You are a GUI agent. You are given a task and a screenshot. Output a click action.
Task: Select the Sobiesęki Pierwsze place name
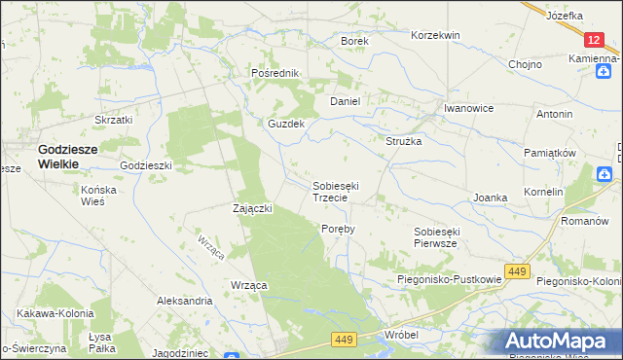click(x=449, y=237)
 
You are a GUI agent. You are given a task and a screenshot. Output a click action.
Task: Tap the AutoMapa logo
click(x=563, y=342)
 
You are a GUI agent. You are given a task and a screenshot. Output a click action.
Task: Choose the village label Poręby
click(x=338, y=229)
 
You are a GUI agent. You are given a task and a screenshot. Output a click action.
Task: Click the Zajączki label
click(x=252, y=208)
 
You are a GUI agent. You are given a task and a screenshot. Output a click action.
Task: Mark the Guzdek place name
click(x=287, y=125)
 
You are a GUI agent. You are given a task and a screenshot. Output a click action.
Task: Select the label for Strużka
click(x=403, y=141)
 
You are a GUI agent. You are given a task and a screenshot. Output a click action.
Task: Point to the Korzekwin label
click(x=435, y=35)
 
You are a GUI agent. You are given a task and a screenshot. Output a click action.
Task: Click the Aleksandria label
click(x=184, y=302)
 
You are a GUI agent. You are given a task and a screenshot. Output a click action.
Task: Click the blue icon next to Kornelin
click(x=605, y=174)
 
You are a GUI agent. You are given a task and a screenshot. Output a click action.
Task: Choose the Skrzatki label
click(x=113, y=120)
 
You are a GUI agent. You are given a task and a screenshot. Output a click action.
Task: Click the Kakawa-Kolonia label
click(x=55, y=314)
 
